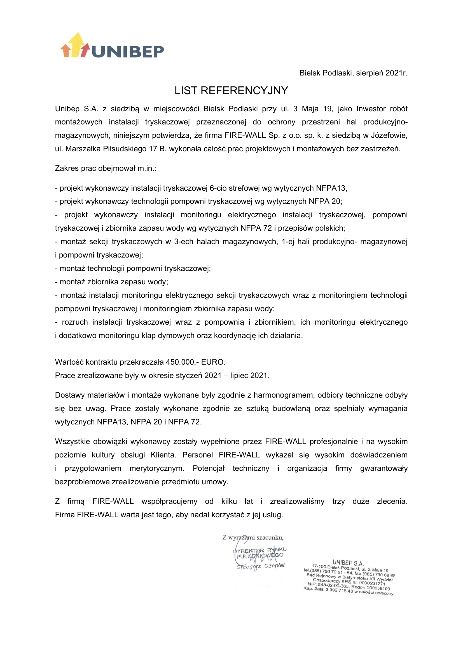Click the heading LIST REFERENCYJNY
click(231, 91)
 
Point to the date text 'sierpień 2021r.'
click(382, 73)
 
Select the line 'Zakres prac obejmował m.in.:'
click(106, 168)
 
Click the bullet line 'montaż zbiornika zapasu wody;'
click(111, 282)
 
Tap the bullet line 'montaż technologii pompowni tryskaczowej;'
click(133, 269)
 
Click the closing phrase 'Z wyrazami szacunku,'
click(252, 537)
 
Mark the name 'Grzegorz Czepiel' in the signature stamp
click(260, 566)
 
